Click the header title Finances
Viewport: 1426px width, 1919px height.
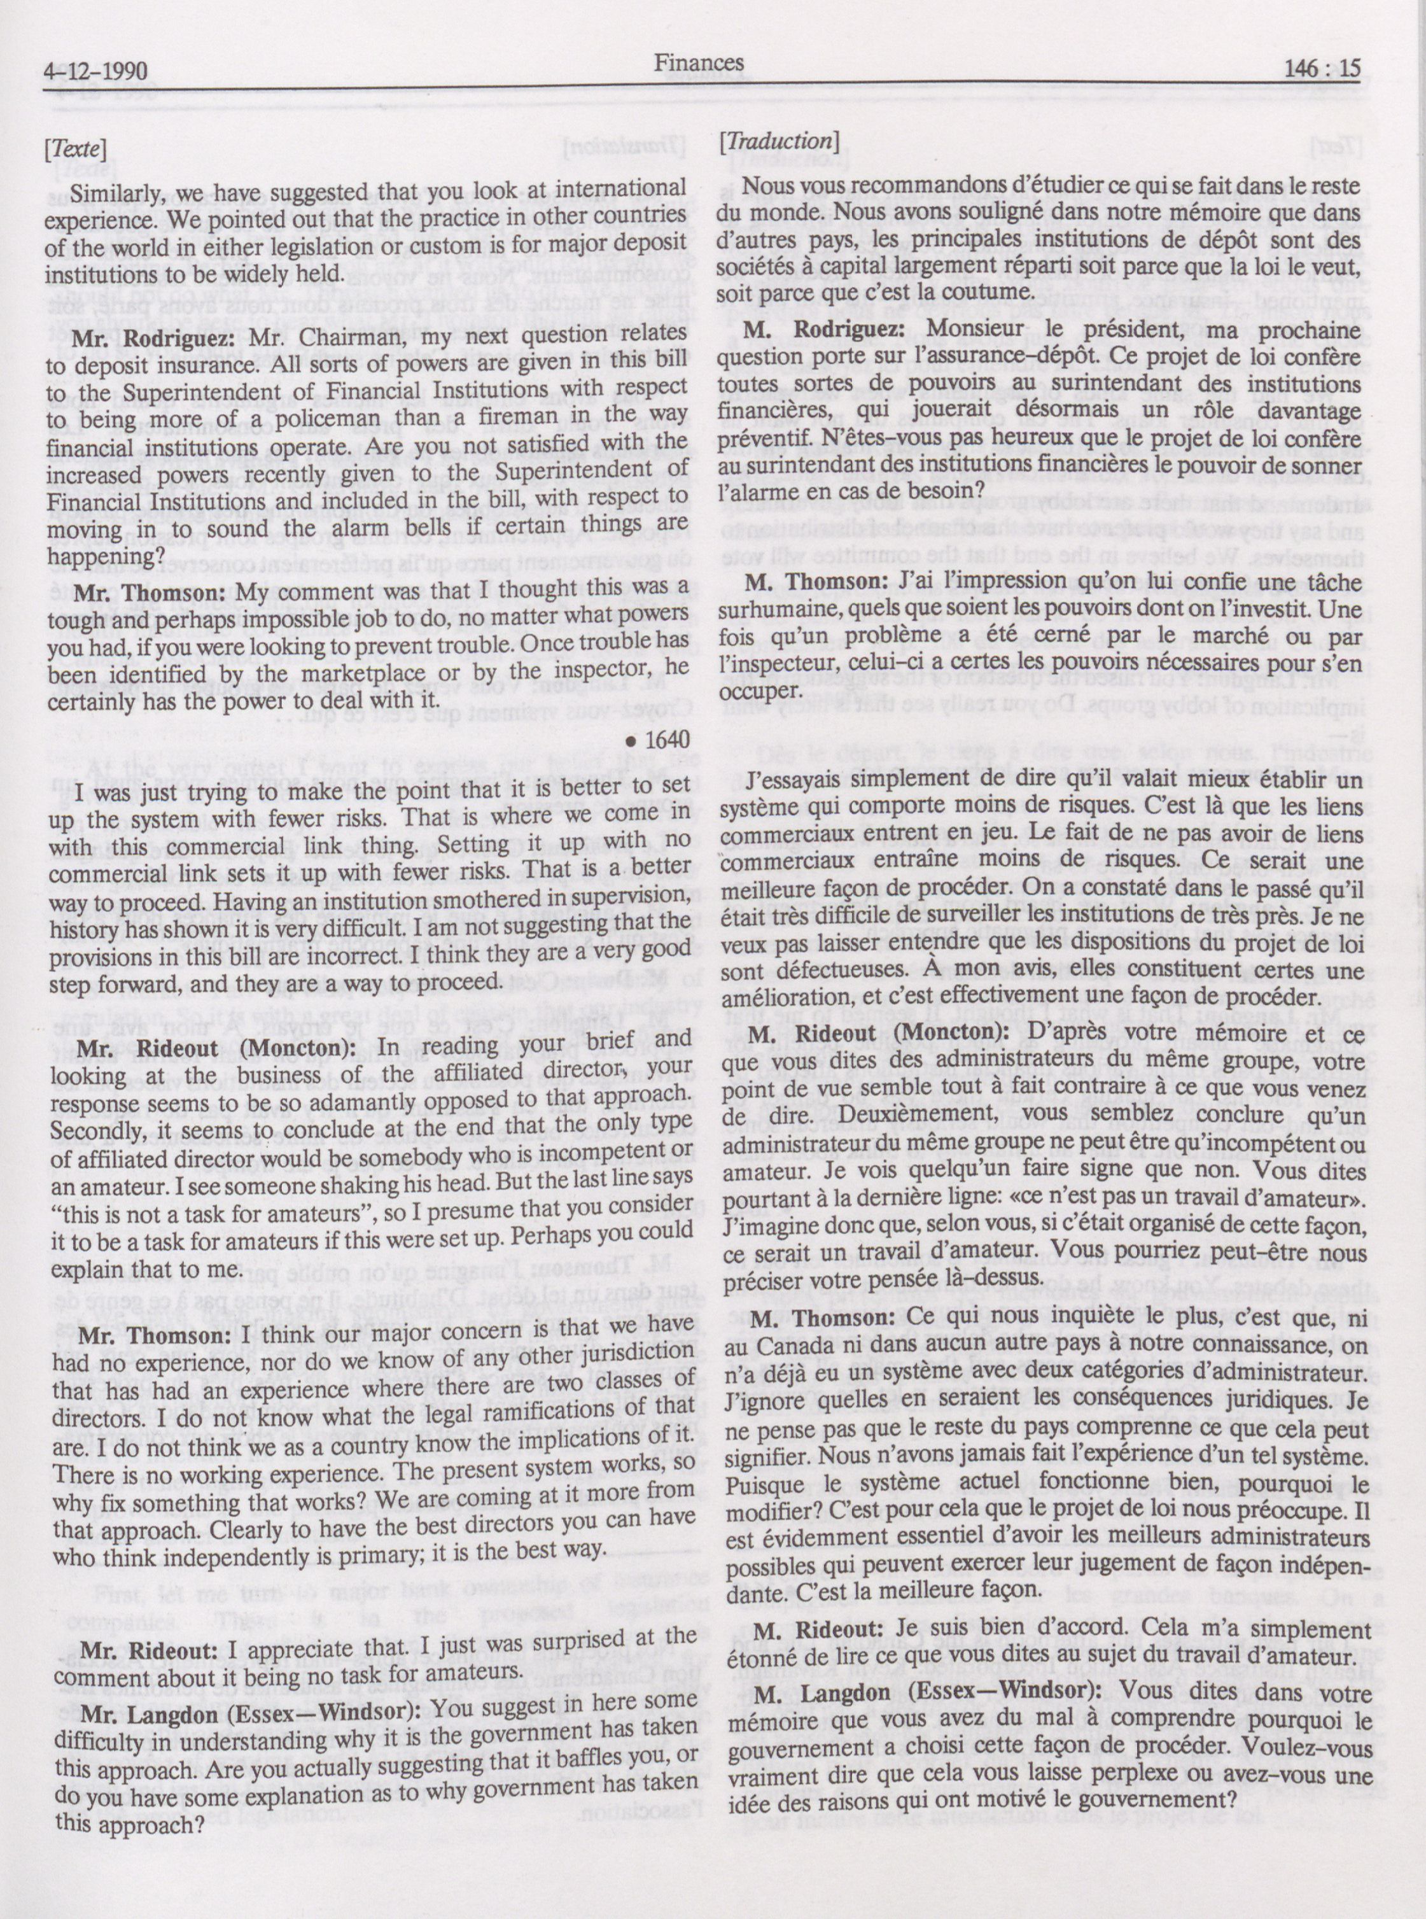pyautogui.click(x=698, y=63)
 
